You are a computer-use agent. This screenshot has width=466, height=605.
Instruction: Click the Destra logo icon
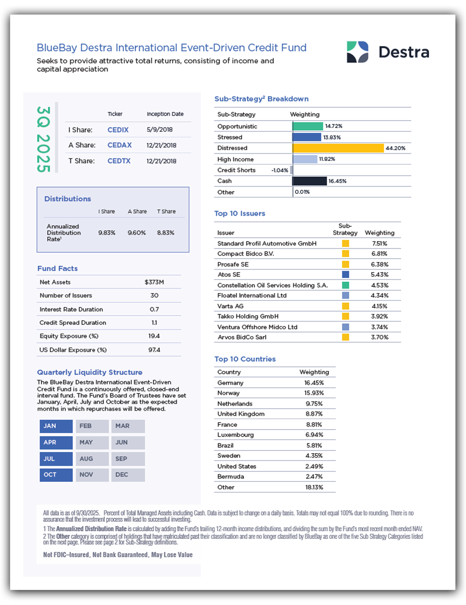[357, 52]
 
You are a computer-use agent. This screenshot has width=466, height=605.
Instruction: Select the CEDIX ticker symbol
[118, 130]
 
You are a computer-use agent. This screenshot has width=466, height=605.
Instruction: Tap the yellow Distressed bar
[338, 148]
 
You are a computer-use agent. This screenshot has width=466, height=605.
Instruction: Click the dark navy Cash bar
[309, 181]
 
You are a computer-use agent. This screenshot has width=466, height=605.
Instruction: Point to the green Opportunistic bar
[307, 126]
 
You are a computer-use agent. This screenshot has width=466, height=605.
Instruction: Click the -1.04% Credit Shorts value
[279, 170]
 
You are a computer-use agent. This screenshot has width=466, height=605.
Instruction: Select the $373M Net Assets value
[154, 282]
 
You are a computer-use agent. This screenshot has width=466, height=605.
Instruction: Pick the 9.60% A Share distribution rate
[137, 233]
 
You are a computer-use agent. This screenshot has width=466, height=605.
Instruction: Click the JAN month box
[56, 426]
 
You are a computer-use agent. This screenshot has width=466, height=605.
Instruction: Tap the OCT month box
[56, 474]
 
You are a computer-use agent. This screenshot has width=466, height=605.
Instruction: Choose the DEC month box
[128, 474]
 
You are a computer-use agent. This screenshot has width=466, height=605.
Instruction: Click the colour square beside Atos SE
[345, 275]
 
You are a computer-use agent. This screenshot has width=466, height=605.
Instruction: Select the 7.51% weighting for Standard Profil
[380, 244]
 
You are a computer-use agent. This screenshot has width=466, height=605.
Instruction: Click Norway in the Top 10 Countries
[228, 393]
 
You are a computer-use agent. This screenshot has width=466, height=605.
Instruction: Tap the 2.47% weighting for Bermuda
[314, 476]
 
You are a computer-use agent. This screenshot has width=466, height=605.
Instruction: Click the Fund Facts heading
[57, 269]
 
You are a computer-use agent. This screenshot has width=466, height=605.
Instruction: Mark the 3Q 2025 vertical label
[44, 138]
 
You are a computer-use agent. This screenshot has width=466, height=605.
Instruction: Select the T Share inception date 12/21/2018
[161, 161]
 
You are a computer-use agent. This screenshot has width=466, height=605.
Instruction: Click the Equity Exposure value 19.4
[154, 336]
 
